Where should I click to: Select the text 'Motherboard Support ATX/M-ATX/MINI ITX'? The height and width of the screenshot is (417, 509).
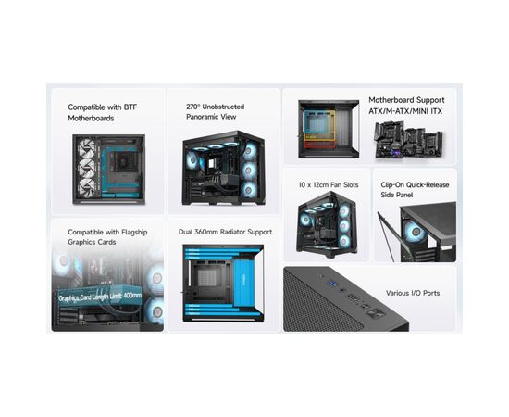[406, 106]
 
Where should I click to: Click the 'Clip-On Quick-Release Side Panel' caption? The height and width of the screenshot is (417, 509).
[415, 191]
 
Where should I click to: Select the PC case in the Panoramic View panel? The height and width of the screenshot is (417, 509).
[223, 166]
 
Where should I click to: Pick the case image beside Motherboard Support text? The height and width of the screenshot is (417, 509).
[328, 128]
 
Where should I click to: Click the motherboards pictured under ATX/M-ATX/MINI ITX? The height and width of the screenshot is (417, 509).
[405, 135]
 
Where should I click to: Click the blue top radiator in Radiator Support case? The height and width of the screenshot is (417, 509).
[222, 251]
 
